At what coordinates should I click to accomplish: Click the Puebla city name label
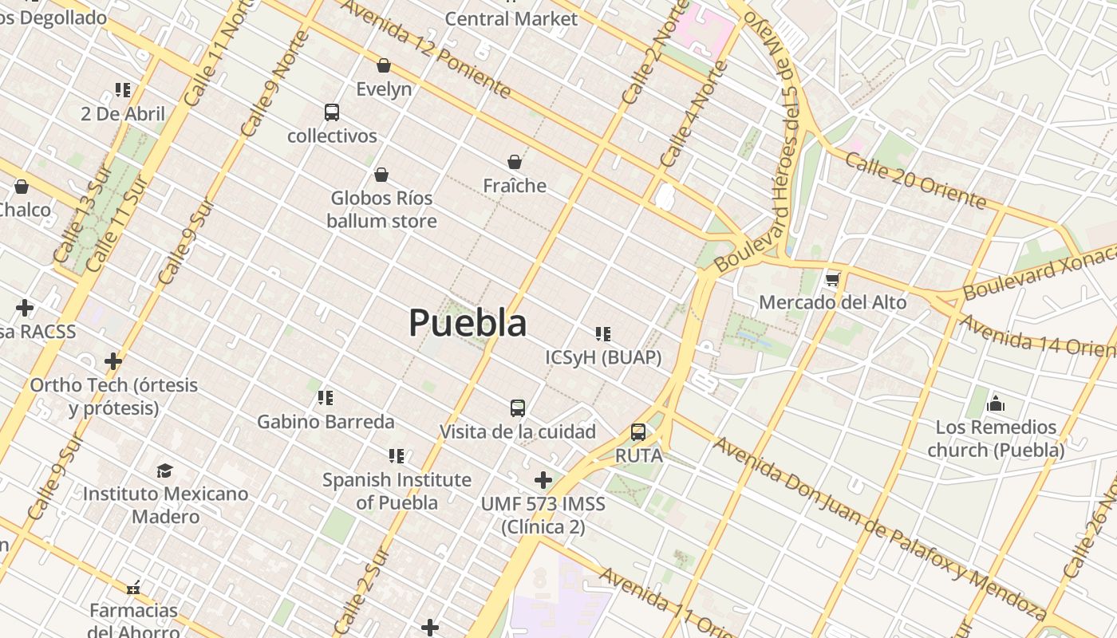[468, 323]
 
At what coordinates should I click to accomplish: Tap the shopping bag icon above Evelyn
[384, 65]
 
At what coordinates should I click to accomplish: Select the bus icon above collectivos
[332, 112]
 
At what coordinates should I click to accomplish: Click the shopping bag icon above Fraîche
[515, 163]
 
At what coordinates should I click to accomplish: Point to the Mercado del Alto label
[832, 302]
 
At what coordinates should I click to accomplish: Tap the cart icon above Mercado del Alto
[833, 279]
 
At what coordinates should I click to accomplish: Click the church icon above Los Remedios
[995, 404]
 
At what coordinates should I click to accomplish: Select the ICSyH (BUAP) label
[603, 357]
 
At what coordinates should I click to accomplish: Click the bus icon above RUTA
[638, 432]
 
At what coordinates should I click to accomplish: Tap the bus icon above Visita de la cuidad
[518, 408]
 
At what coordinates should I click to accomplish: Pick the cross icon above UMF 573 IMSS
[543, 480]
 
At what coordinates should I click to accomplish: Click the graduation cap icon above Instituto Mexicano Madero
[165, 471]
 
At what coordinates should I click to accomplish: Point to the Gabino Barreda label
[326, 421]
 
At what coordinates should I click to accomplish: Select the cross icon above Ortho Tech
[113, 361]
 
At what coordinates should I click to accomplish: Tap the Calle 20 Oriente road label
[915, 180]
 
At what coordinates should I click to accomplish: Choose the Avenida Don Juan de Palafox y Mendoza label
[878, 527]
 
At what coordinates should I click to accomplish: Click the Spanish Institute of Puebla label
[397, 491]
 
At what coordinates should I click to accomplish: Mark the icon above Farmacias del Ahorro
[133, 588]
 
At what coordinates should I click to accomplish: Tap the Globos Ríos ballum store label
[381, 209]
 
